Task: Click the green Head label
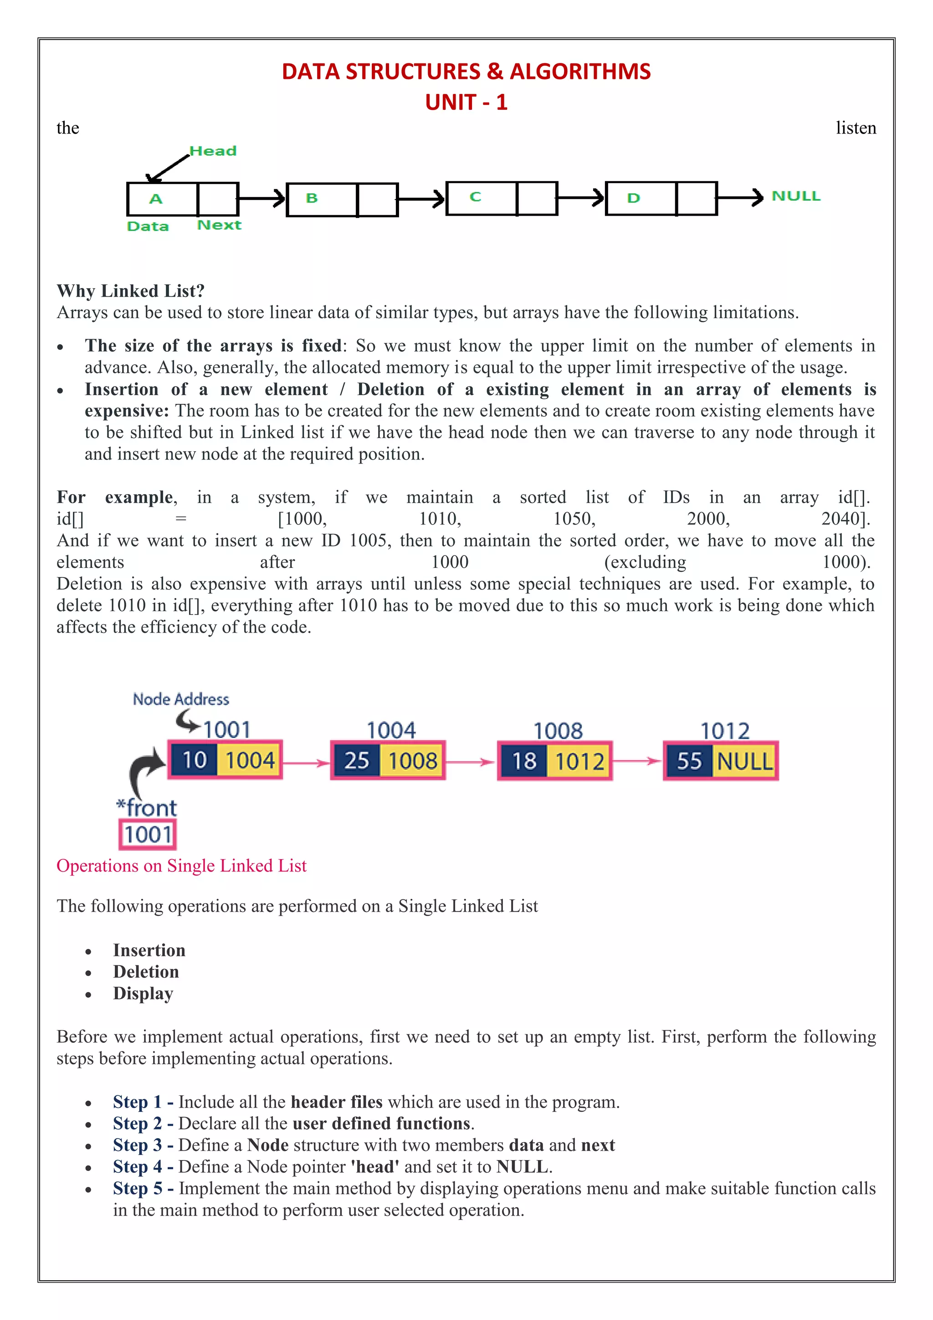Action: (213, 151)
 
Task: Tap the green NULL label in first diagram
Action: (796, 196)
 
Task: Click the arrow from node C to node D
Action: (580, 198)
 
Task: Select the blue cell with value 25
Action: (356, 761)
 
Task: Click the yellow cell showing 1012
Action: (579, 761)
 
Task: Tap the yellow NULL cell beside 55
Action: (744, 761)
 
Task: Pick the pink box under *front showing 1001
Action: (148, 834)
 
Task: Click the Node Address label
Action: (181, 699)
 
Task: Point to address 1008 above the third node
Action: (558, 731)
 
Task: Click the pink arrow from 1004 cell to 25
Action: (306, 763)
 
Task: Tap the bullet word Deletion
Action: (146, 972)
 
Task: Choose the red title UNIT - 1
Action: (466, 103)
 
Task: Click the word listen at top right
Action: (856, 128)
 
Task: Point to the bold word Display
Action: (143, 994)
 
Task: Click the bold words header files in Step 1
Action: (337, 1102)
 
